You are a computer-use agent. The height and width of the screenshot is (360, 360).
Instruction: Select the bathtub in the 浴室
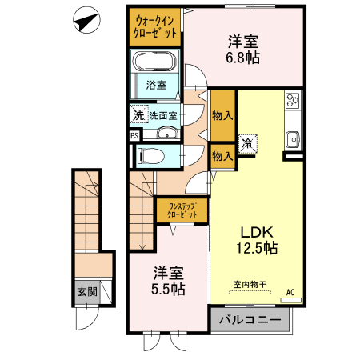click(x=157, y=63)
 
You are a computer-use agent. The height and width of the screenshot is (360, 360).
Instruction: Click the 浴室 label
click(x=157, y=86)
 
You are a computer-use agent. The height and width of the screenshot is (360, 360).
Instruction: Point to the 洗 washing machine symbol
click(x=138, y=115)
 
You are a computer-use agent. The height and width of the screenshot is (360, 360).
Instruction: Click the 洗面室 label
click(x=163, y=115)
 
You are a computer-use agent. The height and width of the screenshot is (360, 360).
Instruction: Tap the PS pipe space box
click(x=134, y=135)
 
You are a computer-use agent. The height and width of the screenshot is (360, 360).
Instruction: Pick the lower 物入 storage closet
click(x=222, y=156)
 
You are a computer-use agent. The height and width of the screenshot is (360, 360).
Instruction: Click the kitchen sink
click(x=293, y=138)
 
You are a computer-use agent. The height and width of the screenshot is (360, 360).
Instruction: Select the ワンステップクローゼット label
click(x=182, y=211)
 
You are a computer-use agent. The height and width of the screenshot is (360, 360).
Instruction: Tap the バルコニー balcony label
click(x=250, y=321)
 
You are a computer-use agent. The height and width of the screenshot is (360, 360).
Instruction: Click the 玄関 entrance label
click(x=87, y=292)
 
